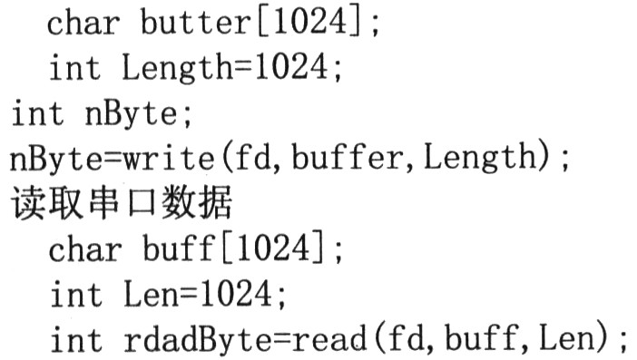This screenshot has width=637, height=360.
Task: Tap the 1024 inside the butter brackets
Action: pos(310,20)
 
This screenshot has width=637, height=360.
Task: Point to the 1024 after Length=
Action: pos(291,66)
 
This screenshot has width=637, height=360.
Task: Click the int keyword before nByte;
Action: pos(37,112)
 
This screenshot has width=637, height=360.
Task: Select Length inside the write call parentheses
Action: pos(480,159)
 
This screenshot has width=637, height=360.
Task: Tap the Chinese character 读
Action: pos(27,203)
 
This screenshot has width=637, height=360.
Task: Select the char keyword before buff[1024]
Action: pos(85,248)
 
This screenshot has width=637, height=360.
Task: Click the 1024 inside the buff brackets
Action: pos(273,248)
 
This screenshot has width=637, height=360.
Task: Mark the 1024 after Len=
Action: pos(236,293)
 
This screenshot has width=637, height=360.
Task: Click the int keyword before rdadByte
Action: pos(76,339)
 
